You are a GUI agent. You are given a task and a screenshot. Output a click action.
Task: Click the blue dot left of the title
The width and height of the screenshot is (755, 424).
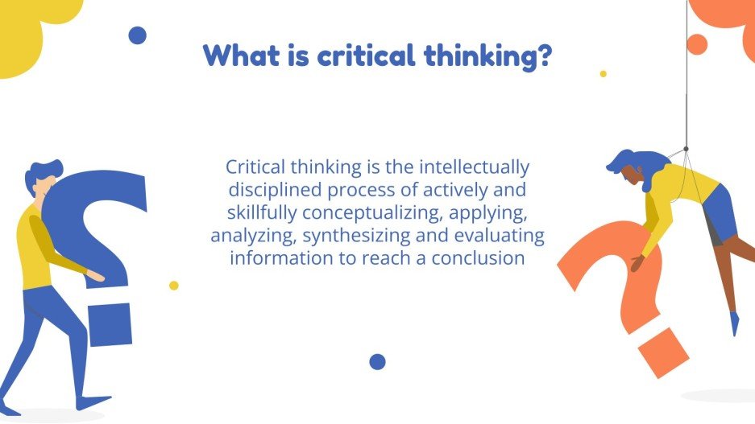[138, 35]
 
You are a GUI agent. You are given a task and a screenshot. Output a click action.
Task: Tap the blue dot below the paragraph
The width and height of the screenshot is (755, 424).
[377, 361]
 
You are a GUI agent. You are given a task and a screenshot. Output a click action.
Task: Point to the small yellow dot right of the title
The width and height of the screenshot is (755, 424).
[603, 73]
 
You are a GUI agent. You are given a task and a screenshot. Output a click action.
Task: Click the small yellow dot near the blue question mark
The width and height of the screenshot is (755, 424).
[173, 285]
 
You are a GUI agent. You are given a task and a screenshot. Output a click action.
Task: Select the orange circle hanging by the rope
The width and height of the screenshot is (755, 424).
[696, 44]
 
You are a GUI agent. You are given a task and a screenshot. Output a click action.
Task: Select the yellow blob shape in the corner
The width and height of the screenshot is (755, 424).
[28, 32]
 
